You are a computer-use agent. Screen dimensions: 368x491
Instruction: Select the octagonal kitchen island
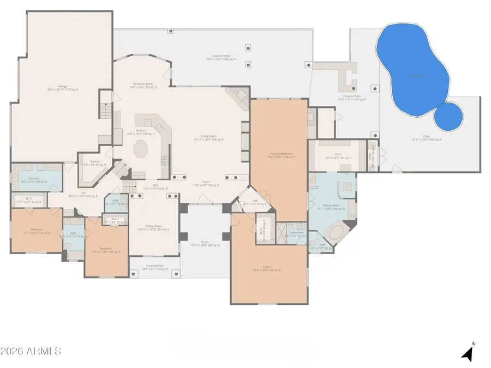coord(141,148)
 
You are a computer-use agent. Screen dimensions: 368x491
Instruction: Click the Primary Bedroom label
coord(281,154)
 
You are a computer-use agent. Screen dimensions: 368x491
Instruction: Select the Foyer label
coord(206,183)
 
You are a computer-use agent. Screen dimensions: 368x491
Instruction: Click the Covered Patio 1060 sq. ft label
coord(224,57)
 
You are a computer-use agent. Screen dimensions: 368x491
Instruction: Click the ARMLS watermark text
coord(31,351)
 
